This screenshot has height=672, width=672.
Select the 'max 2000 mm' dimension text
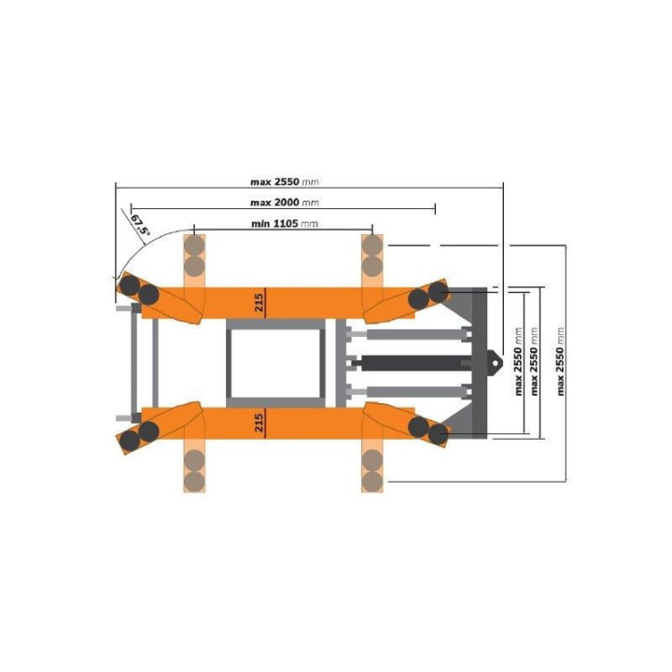pyautogui.click(x=285, y=203)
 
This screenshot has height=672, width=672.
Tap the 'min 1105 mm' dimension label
pyautogui.click(x=285, y=224)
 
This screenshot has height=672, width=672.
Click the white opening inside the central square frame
pyautogui.click(x=275, y=362)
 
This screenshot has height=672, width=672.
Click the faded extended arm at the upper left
pyautogui.click(x=194, y=258)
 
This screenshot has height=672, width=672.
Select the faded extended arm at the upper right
pyautogui.click(x=372, y=258)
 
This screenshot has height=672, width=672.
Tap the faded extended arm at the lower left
pyautogui.click(x=194, y=467)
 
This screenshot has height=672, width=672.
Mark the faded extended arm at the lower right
pyautogui.click(x=372, y=467)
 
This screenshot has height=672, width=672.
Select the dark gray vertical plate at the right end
pyautogui.click(x=479, y=362)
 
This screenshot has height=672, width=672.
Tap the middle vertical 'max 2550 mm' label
pyautogui.click(x=534, y=361)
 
